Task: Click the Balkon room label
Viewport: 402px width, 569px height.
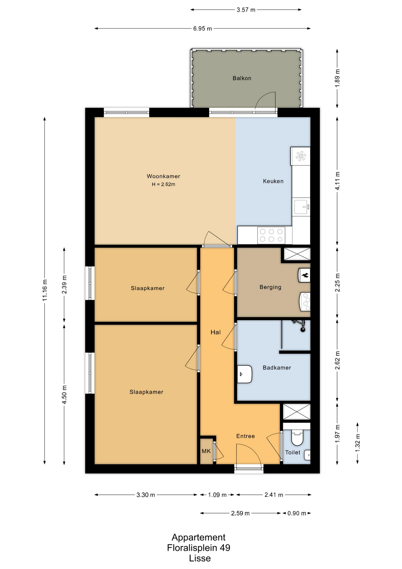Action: click(x=242, y=78)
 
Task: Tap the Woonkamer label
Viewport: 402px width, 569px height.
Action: click(x=163, y=176)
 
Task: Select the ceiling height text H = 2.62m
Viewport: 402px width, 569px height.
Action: click(x=163, y=184)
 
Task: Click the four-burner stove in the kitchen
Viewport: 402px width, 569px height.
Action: click(x=271, y=235)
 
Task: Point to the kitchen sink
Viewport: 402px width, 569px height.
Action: click(x=301, y=207)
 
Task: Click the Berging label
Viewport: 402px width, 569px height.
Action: click(x=270, y=287)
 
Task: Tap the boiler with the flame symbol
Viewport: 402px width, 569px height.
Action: click(x=304, y=275)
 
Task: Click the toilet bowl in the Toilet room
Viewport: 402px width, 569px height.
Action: click(x=297, y=438)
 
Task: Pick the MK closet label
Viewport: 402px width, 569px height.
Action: click(x=206, y=451)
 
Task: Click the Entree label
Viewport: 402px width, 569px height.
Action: click(x=245, y=436)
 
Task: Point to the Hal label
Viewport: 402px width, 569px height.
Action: click(x=216, y=332)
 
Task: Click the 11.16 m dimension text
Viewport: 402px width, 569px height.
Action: click(x=45, y=290)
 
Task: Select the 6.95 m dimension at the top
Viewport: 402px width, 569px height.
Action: click(x=202, y=29)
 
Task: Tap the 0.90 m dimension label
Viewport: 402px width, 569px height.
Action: click(x=297, y=513)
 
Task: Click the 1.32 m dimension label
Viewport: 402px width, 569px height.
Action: click(x=358, y=443)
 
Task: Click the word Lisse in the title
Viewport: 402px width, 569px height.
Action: click(x=200, y=558)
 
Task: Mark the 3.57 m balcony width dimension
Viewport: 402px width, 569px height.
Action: click(x=246, y=10)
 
